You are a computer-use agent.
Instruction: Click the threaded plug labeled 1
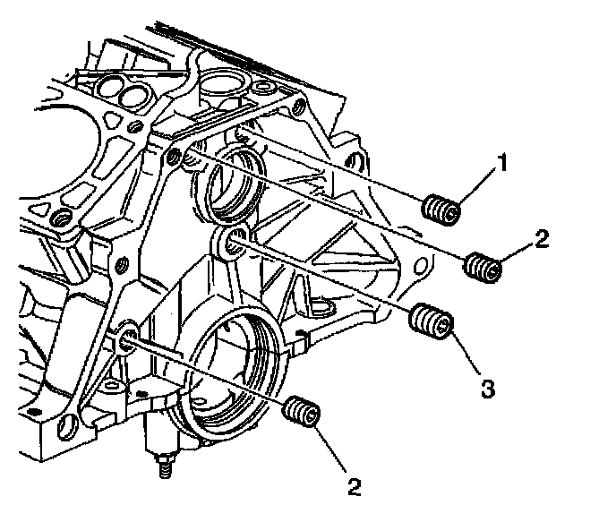[441, 211]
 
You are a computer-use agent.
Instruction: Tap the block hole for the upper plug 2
[176, 159]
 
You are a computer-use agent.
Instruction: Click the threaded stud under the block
[165, 465]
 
